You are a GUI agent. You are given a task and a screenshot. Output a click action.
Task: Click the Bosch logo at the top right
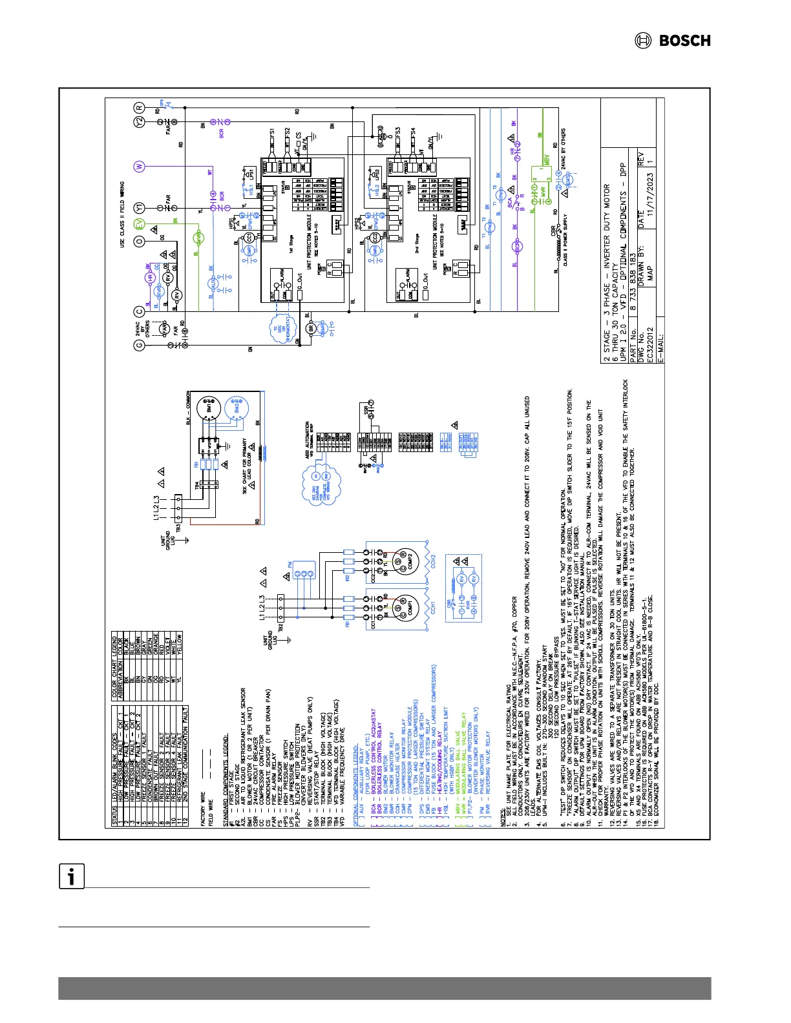tap(672, 41)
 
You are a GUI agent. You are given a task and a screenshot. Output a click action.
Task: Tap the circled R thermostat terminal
tap(139, 108)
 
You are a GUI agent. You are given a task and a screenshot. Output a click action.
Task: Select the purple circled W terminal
tap(139, 167)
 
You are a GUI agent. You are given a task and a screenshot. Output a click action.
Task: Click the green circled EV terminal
tap(139, 224)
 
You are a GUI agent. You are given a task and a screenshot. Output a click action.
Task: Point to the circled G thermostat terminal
tap(139, 345)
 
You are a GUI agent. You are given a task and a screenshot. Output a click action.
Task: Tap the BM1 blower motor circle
tap(210, 408)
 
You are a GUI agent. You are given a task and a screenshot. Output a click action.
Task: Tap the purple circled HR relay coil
tap(149, 278)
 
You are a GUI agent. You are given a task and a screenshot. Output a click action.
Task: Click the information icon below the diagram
tap(72, 876)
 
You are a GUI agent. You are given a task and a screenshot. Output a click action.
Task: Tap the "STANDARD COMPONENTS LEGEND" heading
tap(225, 769)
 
